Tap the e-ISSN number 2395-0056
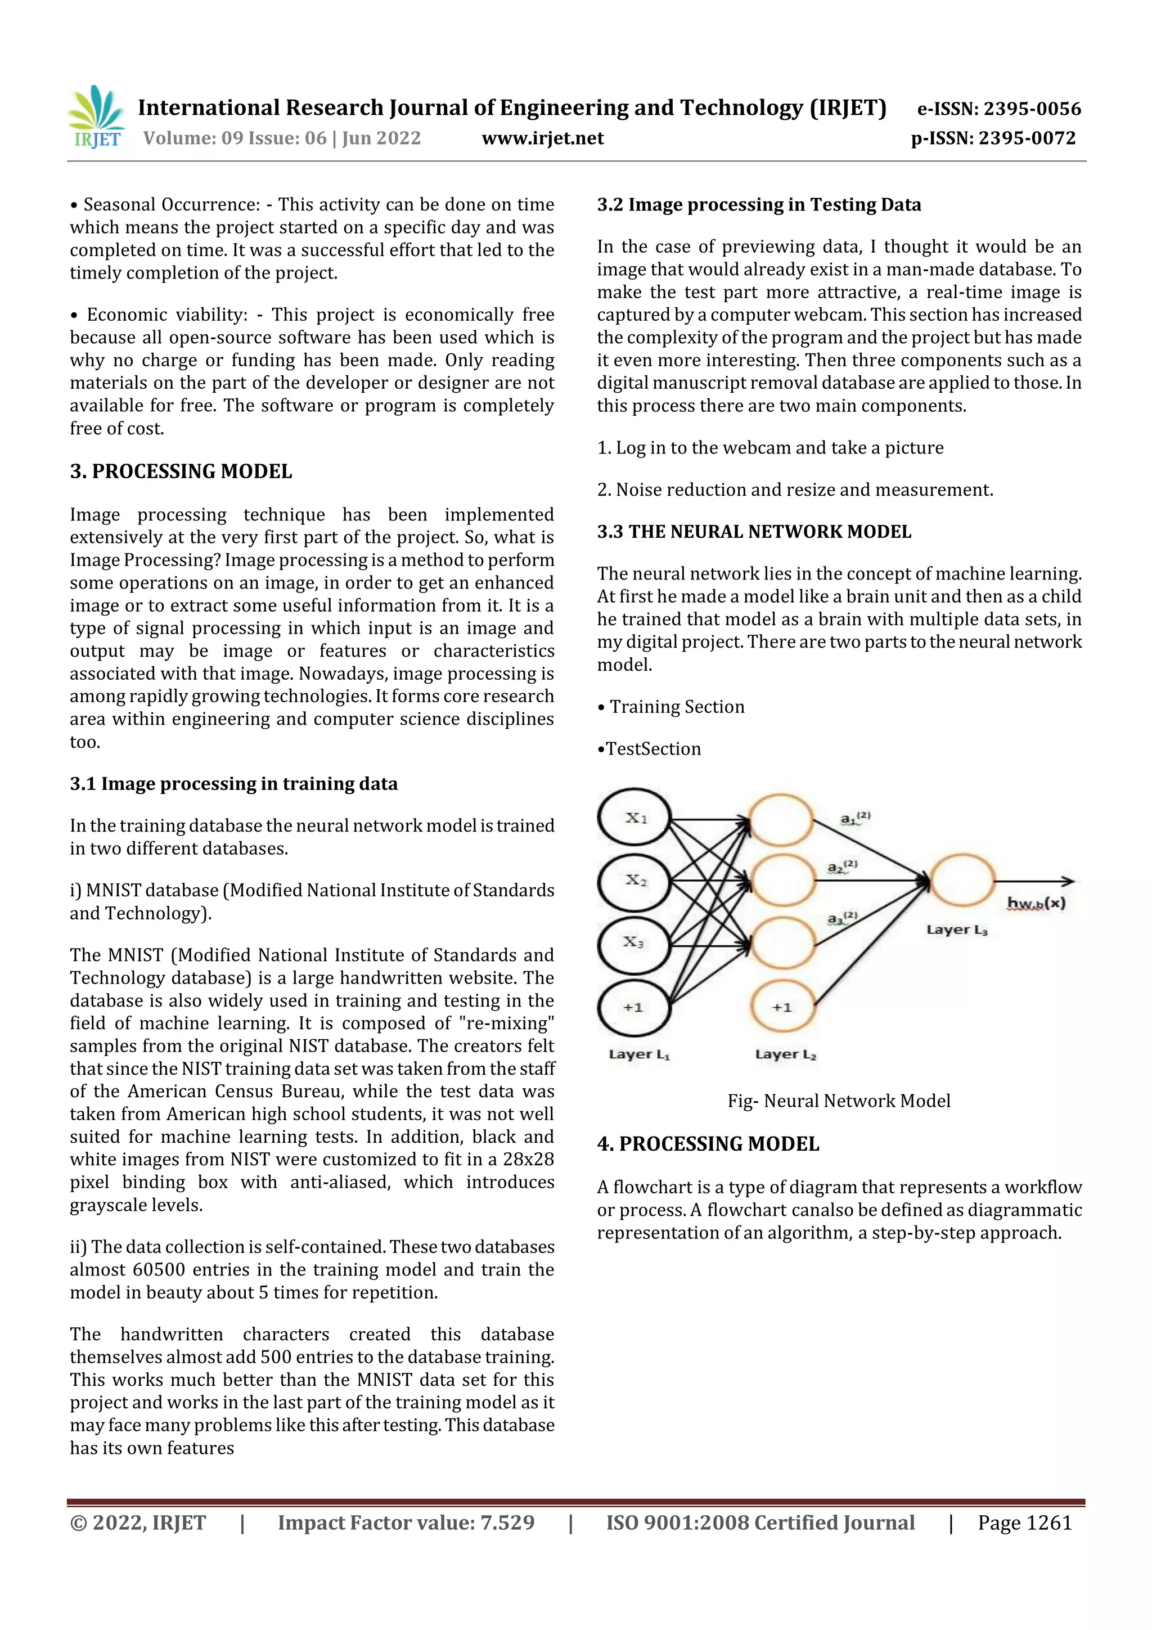(1031, 109)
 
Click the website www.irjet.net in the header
(542, 138)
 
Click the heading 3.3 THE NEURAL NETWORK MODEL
(754, 532)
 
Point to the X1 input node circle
(634, 818)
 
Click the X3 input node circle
(634, 943)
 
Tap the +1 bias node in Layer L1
(634, 1007)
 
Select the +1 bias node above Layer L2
(782, 1007)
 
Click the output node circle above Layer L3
(962, 881)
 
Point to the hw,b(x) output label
(1036, 903)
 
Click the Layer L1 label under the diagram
(639, 1055)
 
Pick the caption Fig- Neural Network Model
(838, 1101)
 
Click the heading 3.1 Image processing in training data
(233, 784)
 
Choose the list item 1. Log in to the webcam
(770, 448)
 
